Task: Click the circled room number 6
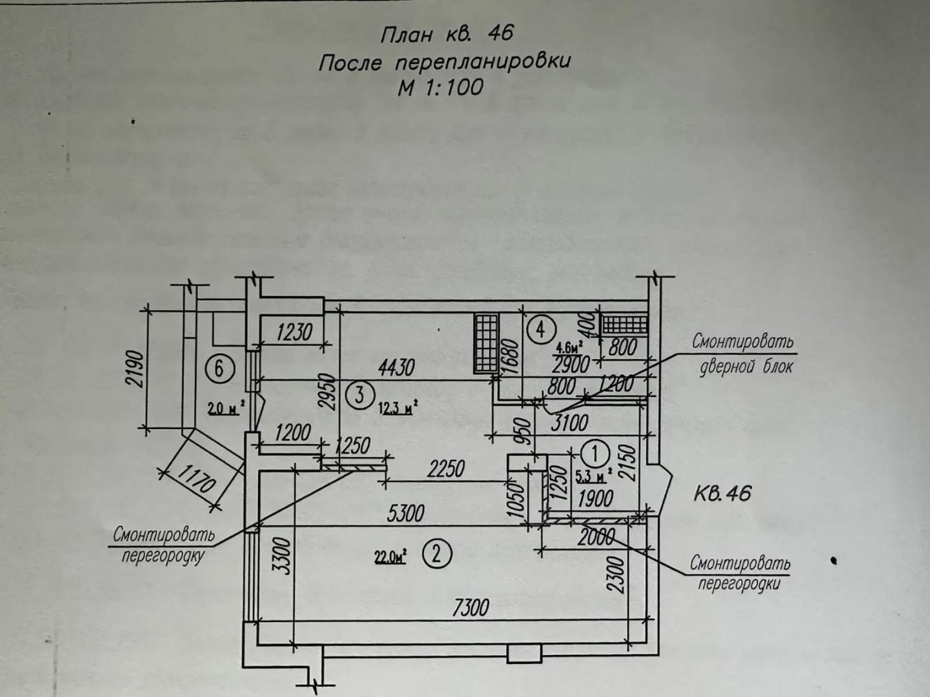pyautogui.click(x=219, y=369)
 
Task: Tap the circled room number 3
pyautogui.click(x=359, y=393)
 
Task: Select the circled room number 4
pyautogui.click(x=540, y=330)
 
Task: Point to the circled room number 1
pyautogui.click(x=595, y=452)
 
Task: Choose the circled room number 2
pyautogui.click(x=436, y=554)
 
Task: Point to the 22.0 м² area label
pyautogui.click(x=390, y=556)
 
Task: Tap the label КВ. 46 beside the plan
pyautogui.click(x=723, y=494)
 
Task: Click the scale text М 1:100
pyautogui.click(x=440, y=87)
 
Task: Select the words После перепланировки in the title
pyautogui.click(x=445, y=63)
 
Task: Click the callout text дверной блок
pyautogui.click(x=746, y=367)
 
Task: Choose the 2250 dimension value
pyautogui.click(x=446, y=468)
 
